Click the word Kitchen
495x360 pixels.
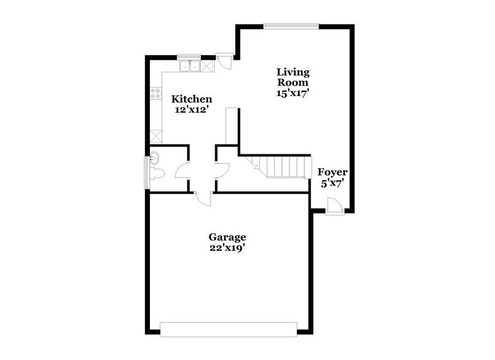pyautogui.click(x=192, y=99)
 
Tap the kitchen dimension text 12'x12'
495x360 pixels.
pyautogui.click(x=192, y=111)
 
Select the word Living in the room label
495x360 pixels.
pyautogui.click(x=292, y=72)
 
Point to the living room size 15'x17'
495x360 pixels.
pyautogui.click(x=292, y=94)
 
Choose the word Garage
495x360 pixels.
pyautogui.click(x=227, y=237)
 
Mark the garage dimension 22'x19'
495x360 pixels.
pyautogui.click(x=227, y=248)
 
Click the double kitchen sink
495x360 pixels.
pyautogui.click(x=190, y=65)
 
